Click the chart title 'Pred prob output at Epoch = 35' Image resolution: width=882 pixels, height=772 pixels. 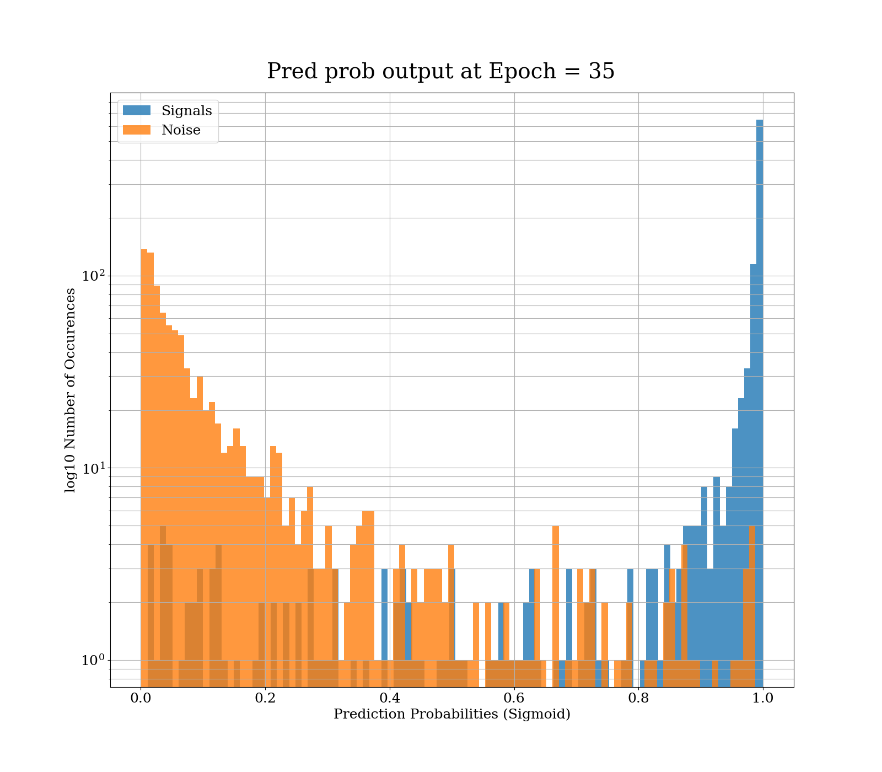[x=440, y=72]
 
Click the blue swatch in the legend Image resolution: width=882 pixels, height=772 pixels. [x=136, y=110]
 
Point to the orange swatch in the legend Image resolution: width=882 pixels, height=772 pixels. [x=136, y=130]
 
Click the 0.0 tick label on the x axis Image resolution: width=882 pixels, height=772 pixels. [x=141, y=698]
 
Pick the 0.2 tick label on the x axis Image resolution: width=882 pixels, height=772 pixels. [x=265, y=698]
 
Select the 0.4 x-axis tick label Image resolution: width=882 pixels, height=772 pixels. [x=390, y=698]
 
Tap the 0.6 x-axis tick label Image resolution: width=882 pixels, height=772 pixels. [x=514, y=698]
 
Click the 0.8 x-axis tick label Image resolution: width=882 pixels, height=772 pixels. [x=638, y=698]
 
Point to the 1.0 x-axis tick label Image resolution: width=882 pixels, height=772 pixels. [x=763, y=698]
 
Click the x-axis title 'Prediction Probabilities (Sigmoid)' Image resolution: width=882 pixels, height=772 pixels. [x=451, y=715]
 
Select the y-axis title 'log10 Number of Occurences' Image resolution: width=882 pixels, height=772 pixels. [x=70, y=390]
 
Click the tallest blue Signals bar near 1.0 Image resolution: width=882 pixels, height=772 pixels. [x=760, y=386]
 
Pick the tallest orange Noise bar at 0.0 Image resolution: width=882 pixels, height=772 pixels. [x=144, y=441]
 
